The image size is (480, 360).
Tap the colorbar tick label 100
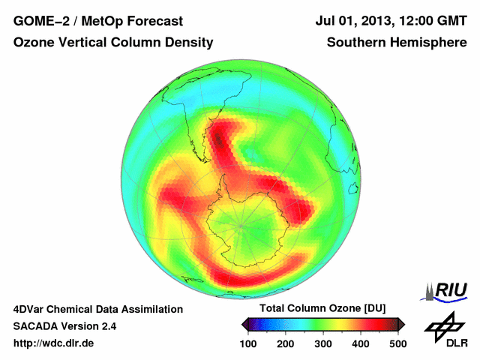247,343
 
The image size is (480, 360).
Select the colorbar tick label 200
285,343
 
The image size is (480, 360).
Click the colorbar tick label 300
322,343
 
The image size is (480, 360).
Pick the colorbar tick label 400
360,343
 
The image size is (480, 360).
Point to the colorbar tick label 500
397,343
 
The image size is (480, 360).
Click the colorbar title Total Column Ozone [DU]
322,309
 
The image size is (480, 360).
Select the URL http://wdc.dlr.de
54,343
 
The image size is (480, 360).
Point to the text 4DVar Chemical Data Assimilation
97,309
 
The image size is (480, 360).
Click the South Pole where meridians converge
241,224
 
